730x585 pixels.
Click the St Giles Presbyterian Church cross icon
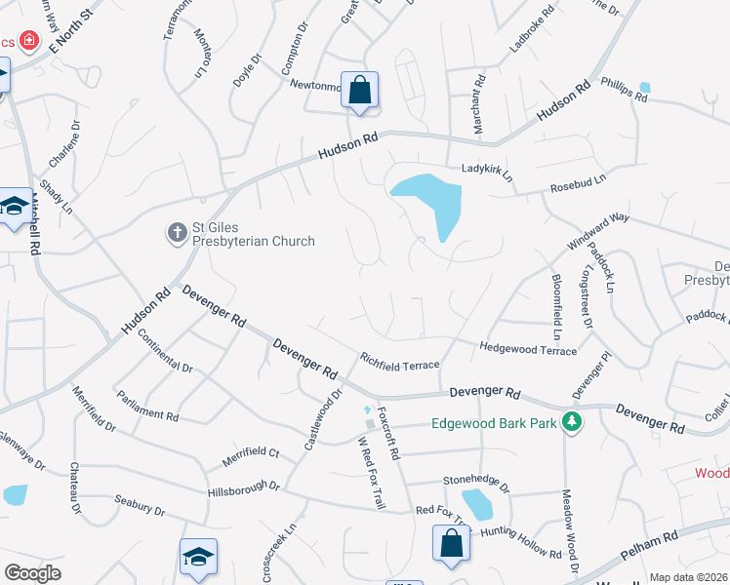[177, 232]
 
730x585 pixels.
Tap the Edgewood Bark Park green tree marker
[576, 423]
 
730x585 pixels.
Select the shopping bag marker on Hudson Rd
[359, 91]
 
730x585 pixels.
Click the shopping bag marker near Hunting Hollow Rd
[452, 544]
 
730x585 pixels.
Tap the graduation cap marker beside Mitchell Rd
[14, 207]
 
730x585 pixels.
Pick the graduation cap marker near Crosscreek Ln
[198, 558]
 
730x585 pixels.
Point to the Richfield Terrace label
[400, 361]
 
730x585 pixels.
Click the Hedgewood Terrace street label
[528, 348]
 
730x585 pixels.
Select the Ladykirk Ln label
[487, 171]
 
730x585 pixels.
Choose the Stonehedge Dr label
[476, 481]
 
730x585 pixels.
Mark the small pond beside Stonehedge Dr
[477, 503]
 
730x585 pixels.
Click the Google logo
[32, 573]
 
